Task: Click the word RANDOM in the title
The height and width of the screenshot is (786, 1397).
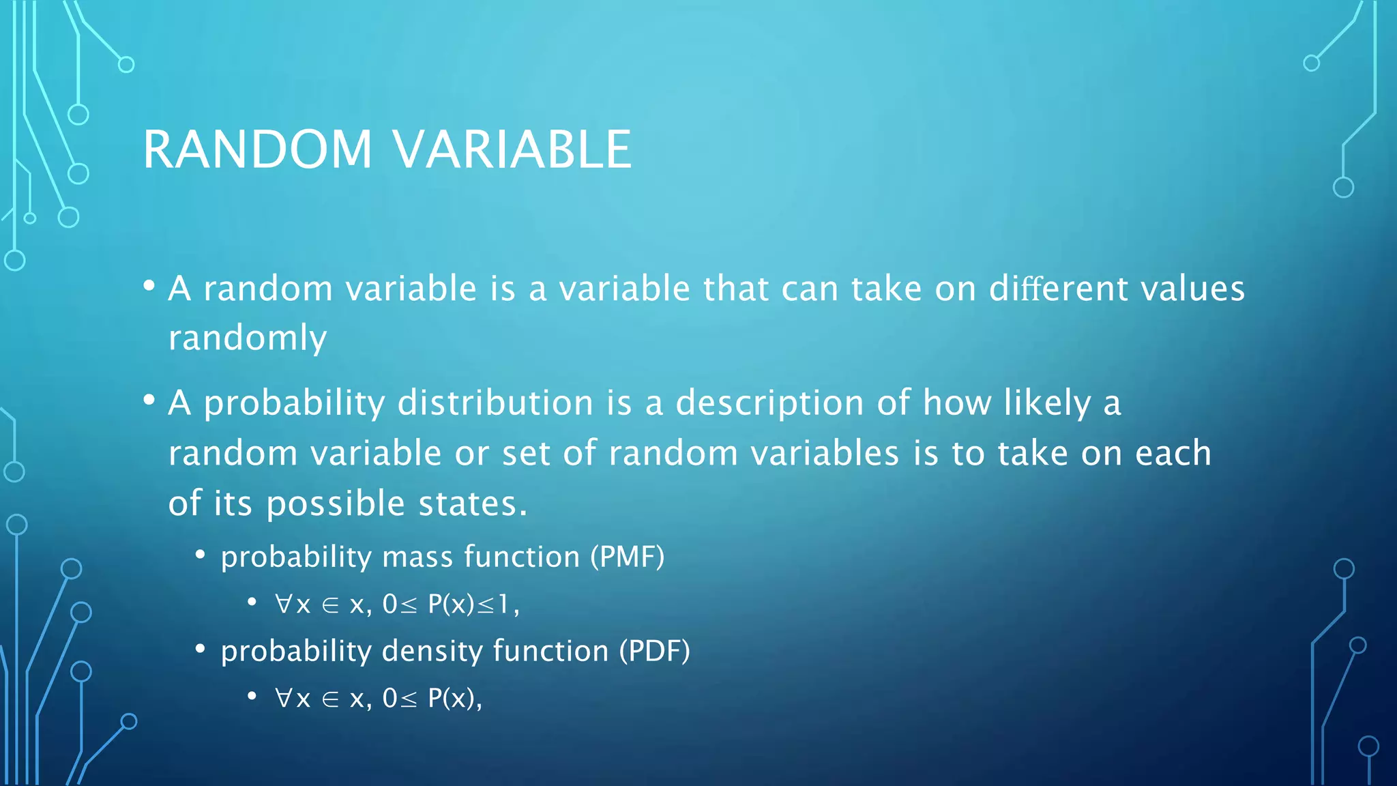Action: coord(258,149)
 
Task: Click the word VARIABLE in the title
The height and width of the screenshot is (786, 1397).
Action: coord(513,149)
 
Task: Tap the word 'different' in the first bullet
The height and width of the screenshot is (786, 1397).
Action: coord(1059,289)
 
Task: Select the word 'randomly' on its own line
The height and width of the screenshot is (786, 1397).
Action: coord(248,338)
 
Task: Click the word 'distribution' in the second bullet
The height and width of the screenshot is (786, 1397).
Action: coord(495,403)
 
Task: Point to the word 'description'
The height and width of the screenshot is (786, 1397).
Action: coord(770,403)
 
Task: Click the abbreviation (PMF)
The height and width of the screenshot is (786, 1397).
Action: coord(627,557)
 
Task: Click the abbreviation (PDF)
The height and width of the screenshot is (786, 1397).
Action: coord(654,651)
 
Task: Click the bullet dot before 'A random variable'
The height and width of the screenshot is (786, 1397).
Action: coord(149,286)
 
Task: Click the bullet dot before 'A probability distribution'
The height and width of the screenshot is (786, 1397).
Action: coord(149,401)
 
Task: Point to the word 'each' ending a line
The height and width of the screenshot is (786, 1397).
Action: coord(1173,454)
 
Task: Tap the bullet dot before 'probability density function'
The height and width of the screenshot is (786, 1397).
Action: coord(200,649)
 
